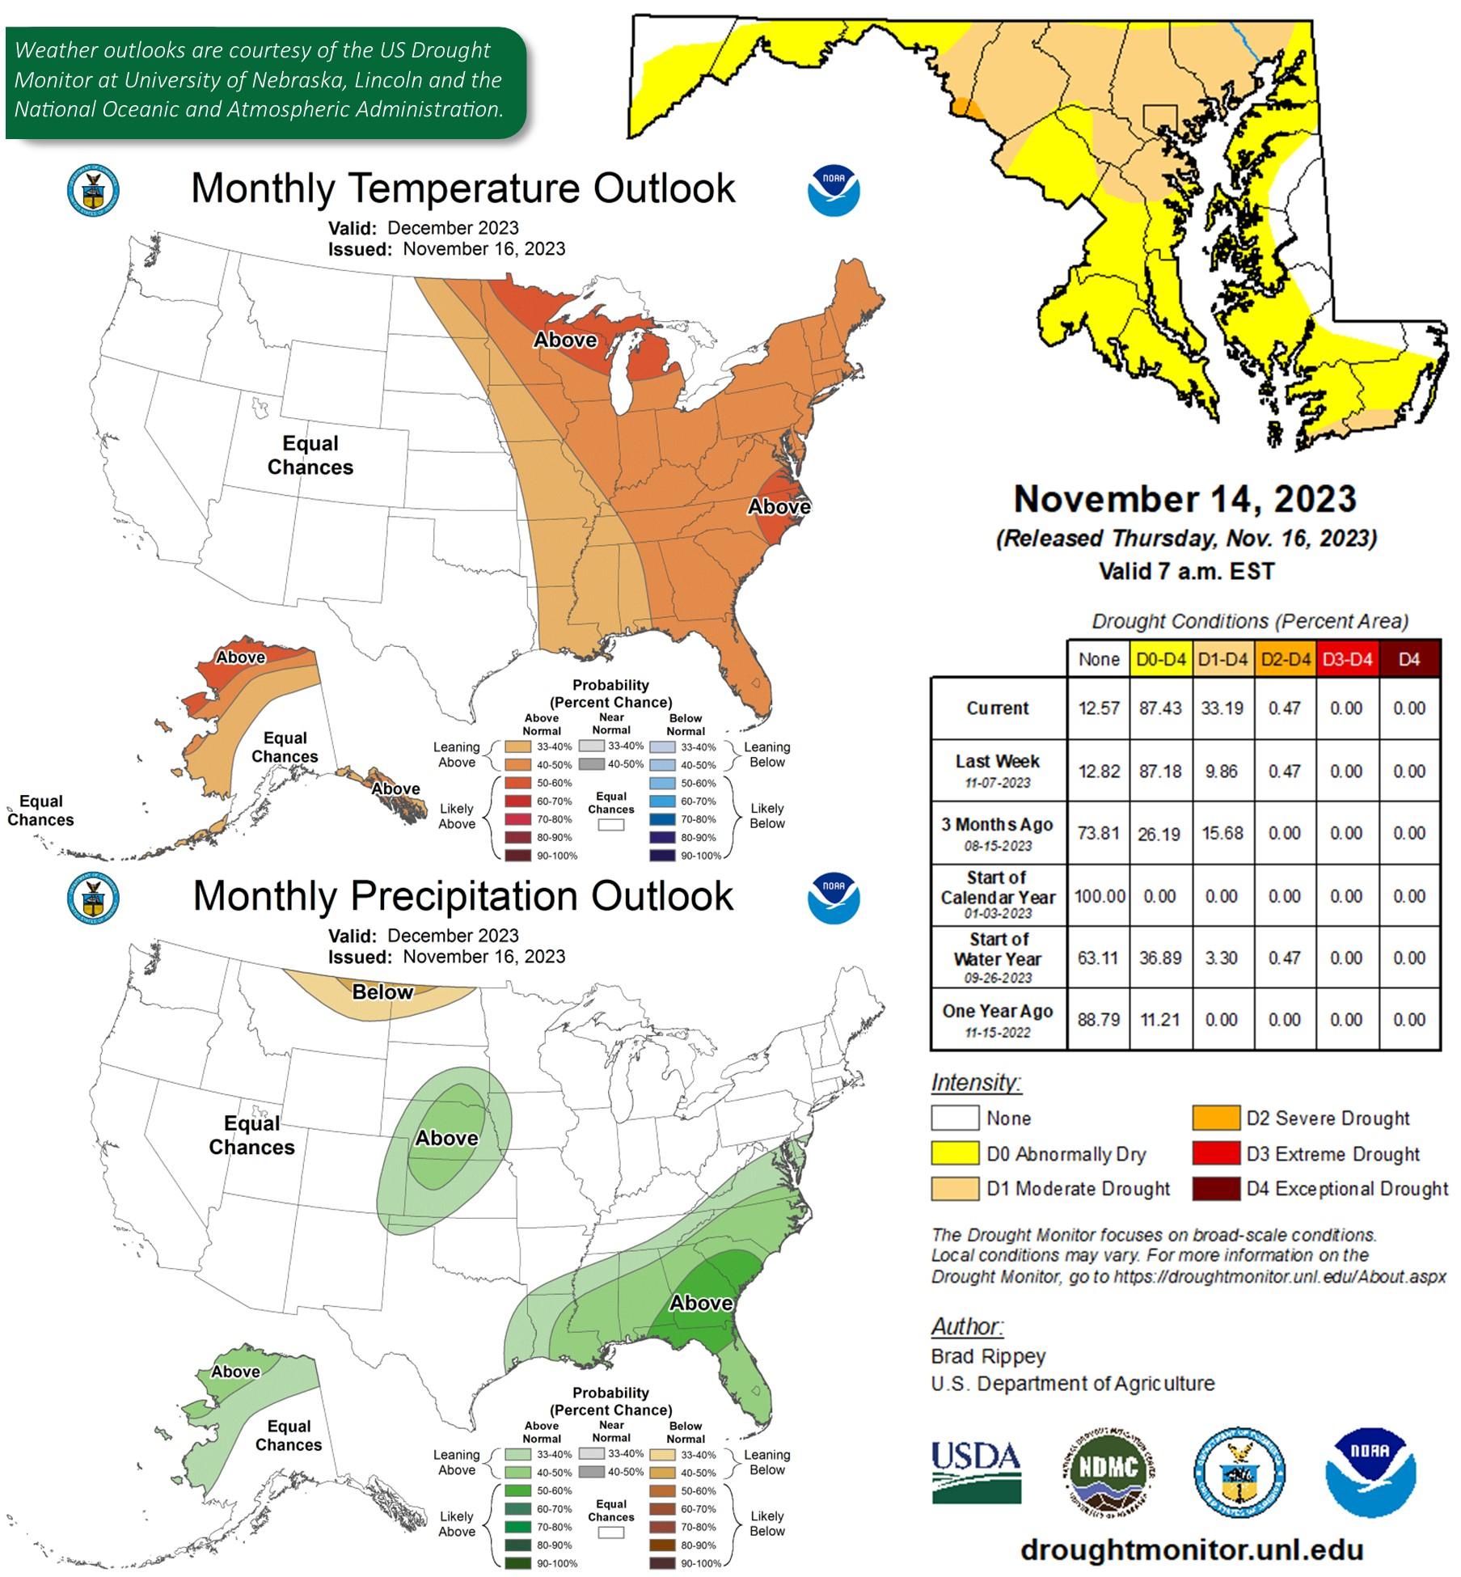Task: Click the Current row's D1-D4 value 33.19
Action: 1222,708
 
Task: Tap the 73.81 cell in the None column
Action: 1098,833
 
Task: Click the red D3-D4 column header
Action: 1346,659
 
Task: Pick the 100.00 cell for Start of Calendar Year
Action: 1099,896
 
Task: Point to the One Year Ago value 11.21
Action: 1159,1020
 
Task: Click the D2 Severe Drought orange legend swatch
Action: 1214,1118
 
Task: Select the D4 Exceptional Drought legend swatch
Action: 1214,1189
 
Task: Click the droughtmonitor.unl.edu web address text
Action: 1191,1550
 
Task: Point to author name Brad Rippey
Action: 988,1356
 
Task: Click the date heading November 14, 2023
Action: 1184,499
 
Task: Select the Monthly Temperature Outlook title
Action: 462,188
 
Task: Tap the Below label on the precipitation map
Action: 382,992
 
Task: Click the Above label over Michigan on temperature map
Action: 564,340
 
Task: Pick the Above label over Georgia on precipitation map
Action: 701,1303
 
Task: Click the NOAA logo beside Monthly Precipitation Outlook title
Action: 834,898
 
